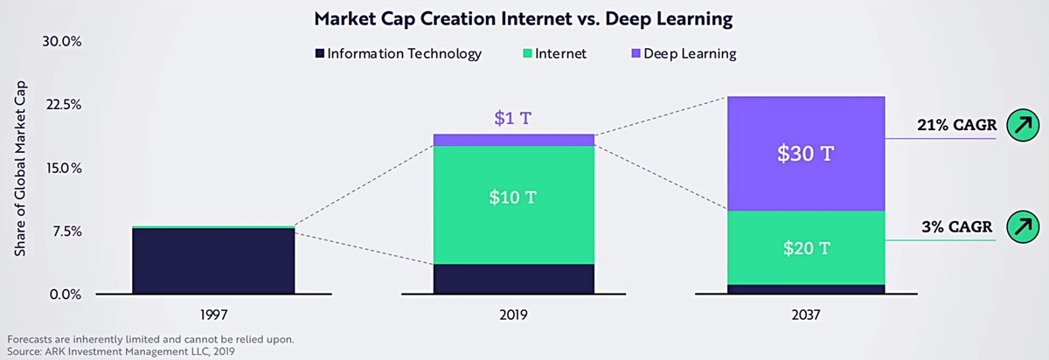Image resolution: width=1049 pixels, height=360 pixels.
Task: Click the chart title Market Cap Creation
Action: tap(524, 17)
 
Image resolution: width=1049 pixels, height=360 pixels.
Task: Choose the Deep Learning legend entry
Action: tap(682, 54)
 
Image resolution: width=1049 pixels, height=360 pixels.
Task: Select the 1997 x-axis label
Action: tap(213, 313)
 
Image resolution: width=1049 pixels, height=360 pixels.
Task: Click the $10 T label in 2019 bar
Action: tap(512, 197)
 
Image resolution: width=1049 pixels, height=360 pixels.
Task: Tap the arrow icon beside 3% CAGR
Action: tap(1020, 227)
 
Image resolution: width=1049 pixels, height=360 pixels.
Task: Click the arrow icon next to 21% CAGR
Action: tap(1020, 126)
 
